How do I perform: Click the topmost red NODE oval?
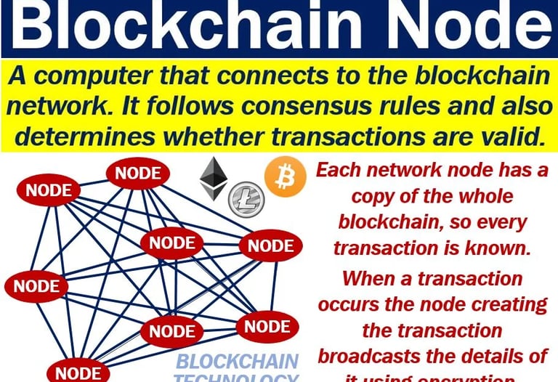click(x=138, y=174)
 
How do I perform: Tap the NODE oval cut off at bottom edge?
click(x=78, y=373)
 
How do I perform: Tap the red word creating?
click(x=498, y=304)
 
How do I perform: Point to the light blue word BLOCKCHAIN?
click(x=238, y=361)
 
